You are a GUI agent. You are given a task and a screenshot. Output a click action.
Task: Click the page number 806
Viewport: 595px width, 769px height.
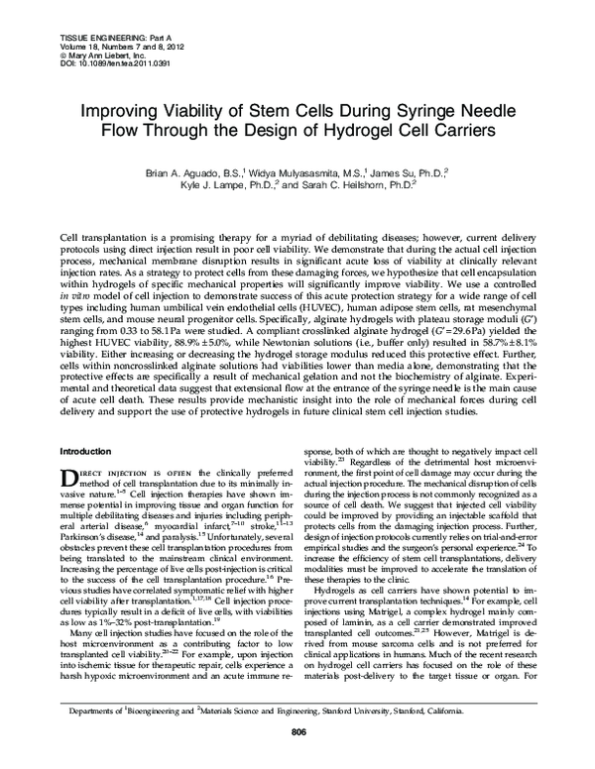point(297,759)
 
